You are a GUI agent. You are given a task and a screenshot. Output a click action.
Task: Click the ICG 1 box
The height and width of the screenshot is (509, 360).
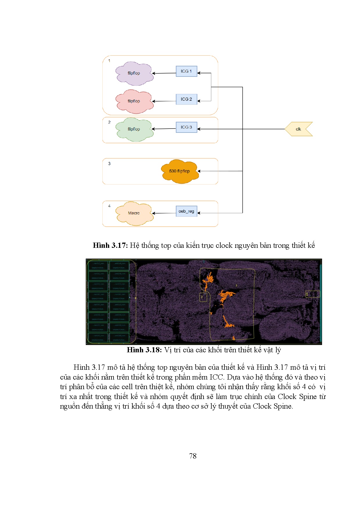[186, 71]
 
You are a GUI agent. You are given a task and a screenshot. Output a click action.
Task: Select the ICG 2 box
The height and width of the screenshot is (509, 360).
[186, 99]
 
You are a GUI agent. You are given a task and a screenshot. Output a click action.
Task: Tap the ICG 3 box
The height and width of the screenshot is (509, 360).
[186, 127]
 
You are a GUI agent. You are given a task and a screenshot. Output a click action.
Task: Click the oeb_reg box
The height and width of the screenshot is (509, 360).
[186, 211]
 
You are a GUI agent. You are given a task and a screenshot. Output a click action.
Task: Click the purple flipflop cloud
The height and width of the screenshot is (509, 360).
[134, 73]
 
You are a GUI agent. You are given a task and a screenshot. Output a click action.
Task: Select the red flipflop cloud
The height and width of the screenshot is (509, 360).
[134, 101]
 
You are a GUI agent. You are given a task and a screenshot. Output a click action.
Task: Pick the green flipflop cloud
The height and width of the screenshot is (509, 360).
[134, 129]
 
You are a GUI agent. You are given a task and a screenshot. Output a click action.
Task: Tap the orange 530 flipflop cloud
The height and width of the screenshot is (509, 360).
[179, 171]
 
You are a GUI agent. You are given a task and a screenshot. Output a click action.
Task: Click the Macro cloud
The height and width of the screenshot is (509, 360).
[134, 213]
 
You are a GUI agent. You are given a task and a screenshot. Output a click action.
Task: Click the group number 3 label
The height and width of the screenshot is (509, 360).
[109, 164]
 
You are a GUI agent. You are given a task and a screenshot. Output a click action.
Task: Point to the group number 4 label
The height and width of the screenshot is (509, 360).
[109, 206]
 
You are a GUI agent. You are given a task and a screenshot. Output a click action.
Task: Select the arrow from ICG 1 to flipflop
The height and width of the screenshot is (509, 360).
[164, 73]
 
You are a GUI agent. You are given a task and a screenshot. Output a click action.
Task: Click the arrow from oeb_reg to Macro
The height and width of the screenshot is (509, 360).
[164, 213]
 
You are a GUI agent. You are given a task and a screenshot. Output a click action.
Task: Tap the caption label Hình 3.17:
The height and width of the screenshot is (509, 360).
[110, 246]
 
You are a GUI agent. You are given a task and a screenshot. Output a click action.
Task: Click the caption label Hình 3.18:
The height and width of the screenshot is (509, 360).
[144, 350]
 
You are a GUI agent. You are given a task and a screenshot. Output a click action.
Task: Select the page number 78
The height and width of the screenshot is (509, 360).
[193, 456]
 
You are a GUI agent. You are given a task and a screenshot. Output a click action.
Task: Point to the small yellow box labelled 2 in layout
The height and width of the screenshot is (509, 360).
[203, 297]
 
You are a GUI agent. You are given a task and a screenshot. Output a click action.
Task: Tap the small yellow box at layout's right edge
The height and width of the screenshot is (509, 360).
[313, 294]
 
